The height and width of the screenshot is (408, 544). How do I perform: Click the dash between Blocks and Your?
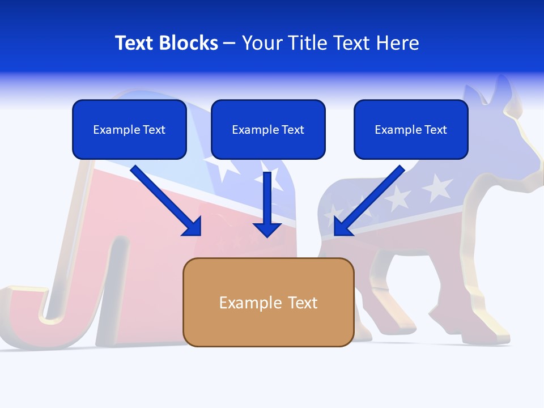click(x=230, y=44)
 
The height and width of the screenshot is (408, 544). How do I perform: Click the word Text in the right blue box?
click(x=435, y=130)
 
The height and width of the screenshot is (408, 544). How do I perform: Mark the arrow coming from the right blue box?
click(x=369, y=200)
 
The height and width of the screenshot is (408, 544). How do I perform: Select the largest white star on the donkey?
click(x=437, y=188)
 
